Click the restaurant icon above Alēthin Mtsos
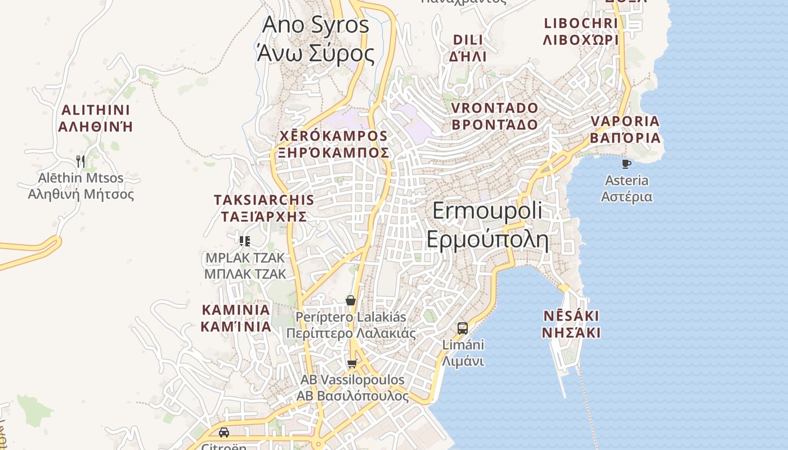click(80, 161)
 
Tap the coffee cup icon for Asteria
click(626, 164)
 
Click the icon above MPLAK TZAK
click(245, 241)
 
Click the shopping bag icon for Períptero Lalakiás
click(351, 300)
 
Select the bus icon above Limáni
click(463, 328)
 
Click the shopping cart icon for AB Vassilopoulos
click(352, 364)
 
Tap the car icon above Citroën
click(224, 433)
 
